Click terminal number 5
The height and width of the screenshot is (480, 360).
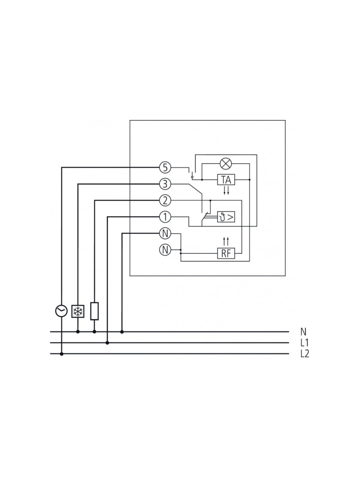click(x=165, y=168)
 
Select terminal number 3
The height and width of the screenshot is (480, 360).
click(x=165, y=184)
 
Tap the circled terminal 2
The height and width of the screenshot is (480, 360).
click(x=165, y=200)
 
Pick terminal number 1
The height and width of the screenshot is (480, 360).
click(x=165, y=217)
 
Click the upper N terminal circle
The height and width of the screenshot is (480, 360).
click(x=165, y=234)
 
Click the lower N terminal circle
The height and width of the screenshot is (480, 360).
click(x=165, y=250)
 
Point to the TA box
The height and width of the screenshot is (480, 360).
click(x=226, y=180)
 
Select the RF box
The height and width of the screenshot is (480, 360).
click(x=226, y=253)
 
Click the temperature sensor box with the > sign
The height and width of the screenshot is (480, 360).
click(x=226, y=217)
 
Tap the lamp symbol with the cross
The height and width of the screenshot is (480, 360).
click(x=226, y=163)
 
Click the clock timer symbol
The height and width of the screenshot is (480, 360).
click(x=61, y=311)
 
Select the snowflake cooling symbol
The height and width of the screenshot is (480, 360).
click(x=78, y=311)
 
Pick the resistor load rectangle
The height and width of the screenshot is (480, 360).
click(x=94, y=311)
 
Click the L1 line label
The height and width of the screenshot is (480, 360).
click(x=304, y=343)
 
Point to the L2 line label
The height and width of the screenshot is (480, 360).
click(x=305, y=354)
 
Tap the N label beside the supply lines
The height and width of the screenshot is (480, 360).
click(x=303, y=332)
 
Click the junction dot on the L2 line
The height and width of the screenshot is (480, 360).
click(x=61, y=354)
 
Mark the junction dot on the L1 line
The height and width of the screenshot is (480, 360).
click(x=107, y=343)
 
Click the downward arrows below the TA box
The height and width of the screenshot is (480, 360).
click(x=226, y=191)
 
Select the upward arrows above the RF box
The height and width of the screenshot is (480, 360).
click(x=226, y=241)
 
